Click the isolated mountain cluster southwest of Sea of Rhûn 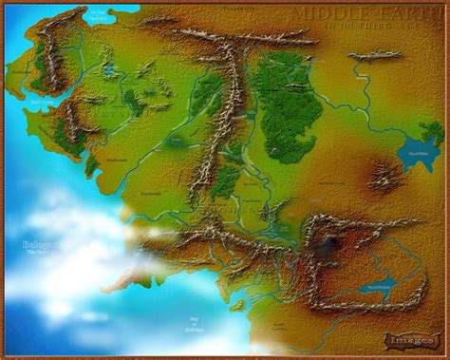[x=384, y=173]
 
